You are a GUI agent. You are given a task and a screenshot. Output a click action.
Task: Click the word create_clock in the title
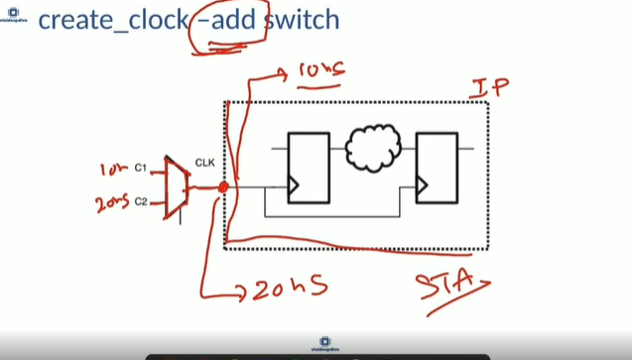110,21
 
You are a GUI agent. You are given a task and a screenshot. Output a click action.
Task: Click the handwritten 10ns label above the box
320,71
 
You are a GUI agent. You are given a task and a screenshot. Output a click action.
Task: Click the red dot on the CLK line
223,186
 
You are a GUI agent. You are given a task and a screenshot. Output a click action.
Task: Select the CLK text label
205,163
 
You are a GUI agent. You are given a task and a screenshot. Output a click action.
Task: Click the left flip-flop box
308,167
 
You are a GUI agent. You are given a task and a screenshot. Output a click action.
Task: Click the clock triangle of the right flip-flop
422,185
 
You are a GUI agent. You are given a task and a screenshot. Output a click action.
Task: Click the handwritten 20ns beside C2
111,204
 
